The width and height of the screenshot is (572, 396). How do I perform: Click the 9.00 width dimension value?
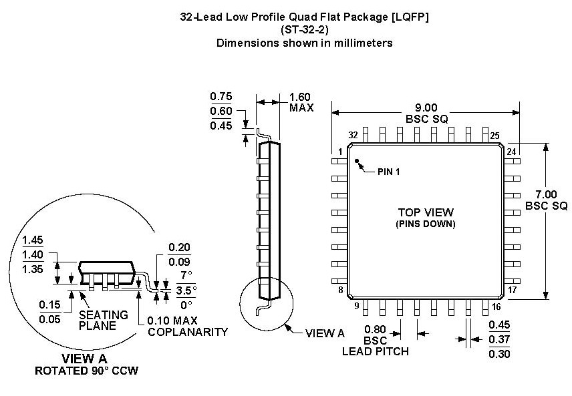coord(425,107)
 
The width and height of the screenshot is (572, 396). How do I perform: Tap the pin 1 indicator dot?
coord(357,161)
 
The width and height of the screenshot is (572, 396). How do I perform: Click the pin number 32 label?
coord(353,136)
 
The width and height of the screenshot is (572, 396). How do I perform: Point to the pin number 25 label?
coord(494,136)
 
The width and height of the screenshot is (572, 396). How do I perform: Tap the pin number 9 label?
coord(356,306)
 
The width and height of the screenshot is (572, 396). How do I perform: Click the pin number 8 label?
coord(340,290)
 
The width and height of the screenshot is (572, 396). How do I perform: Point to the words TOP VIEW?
coord(425,212)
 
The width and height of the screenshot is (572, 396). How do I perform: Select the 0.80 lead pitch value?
coord(375,329)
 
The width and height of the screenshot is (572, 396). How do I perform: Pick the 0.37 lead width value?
coord(500,339)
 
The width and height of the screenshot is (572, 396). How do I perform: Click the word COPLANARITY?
coord(188,332)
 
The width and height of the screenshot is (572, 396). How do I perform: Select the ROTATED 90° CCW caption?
coord(87,371)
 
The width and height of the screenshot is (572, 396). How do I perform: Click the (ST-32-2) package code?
coord(304,30)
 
